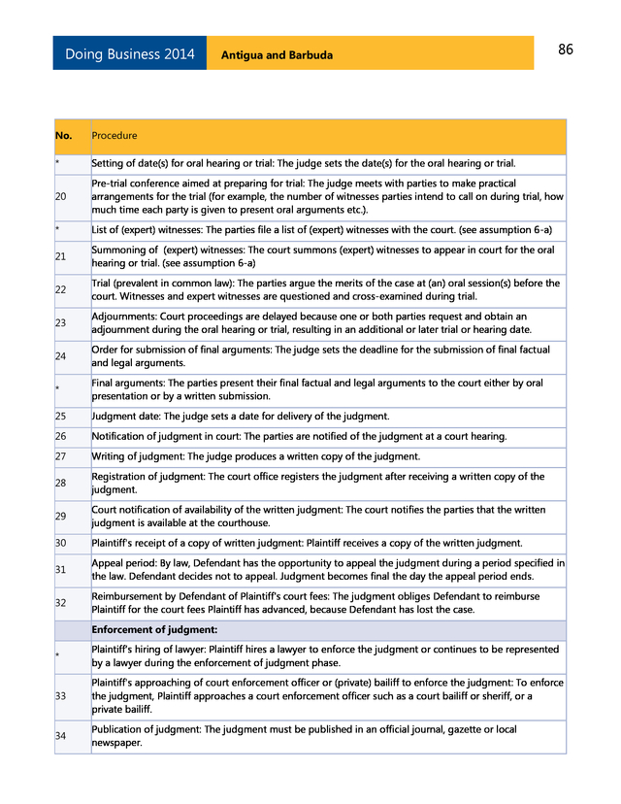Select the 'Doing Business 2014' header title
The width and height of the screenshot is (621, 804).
pos(129,54)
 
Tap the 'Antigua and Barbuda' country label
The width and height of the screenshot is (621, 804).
pos(277,55)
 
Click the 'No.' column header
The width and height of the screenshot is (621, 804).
pos(64,136)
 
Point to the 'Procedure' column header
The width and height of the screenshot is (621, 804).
pos(114,136)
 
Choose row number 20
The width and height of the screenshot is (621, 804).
pos(61,196)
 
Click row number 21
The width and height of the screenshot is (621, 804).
pos(61,256)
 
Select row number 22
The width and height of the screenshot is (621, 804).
pos(61,289)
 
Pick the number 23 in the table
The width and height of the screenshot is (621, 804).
pos(61,322)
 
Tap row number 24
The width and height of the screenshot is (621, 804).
pos(61,355)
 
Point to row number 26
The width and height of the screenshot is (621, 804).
pos(61,436)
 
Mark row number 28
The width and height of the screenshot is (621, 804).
pos(61,483)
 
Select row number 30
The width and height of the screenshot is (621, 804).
pos(61,543)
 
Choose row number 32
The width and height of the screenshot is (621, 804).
pos(61,603)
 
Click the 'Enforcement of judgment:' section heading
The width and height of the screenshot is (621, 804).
pos(147,630)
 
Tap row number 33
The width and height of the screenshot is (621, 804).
pos(61,696)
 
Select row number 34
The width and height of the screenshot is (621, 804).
pos(61,736)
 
